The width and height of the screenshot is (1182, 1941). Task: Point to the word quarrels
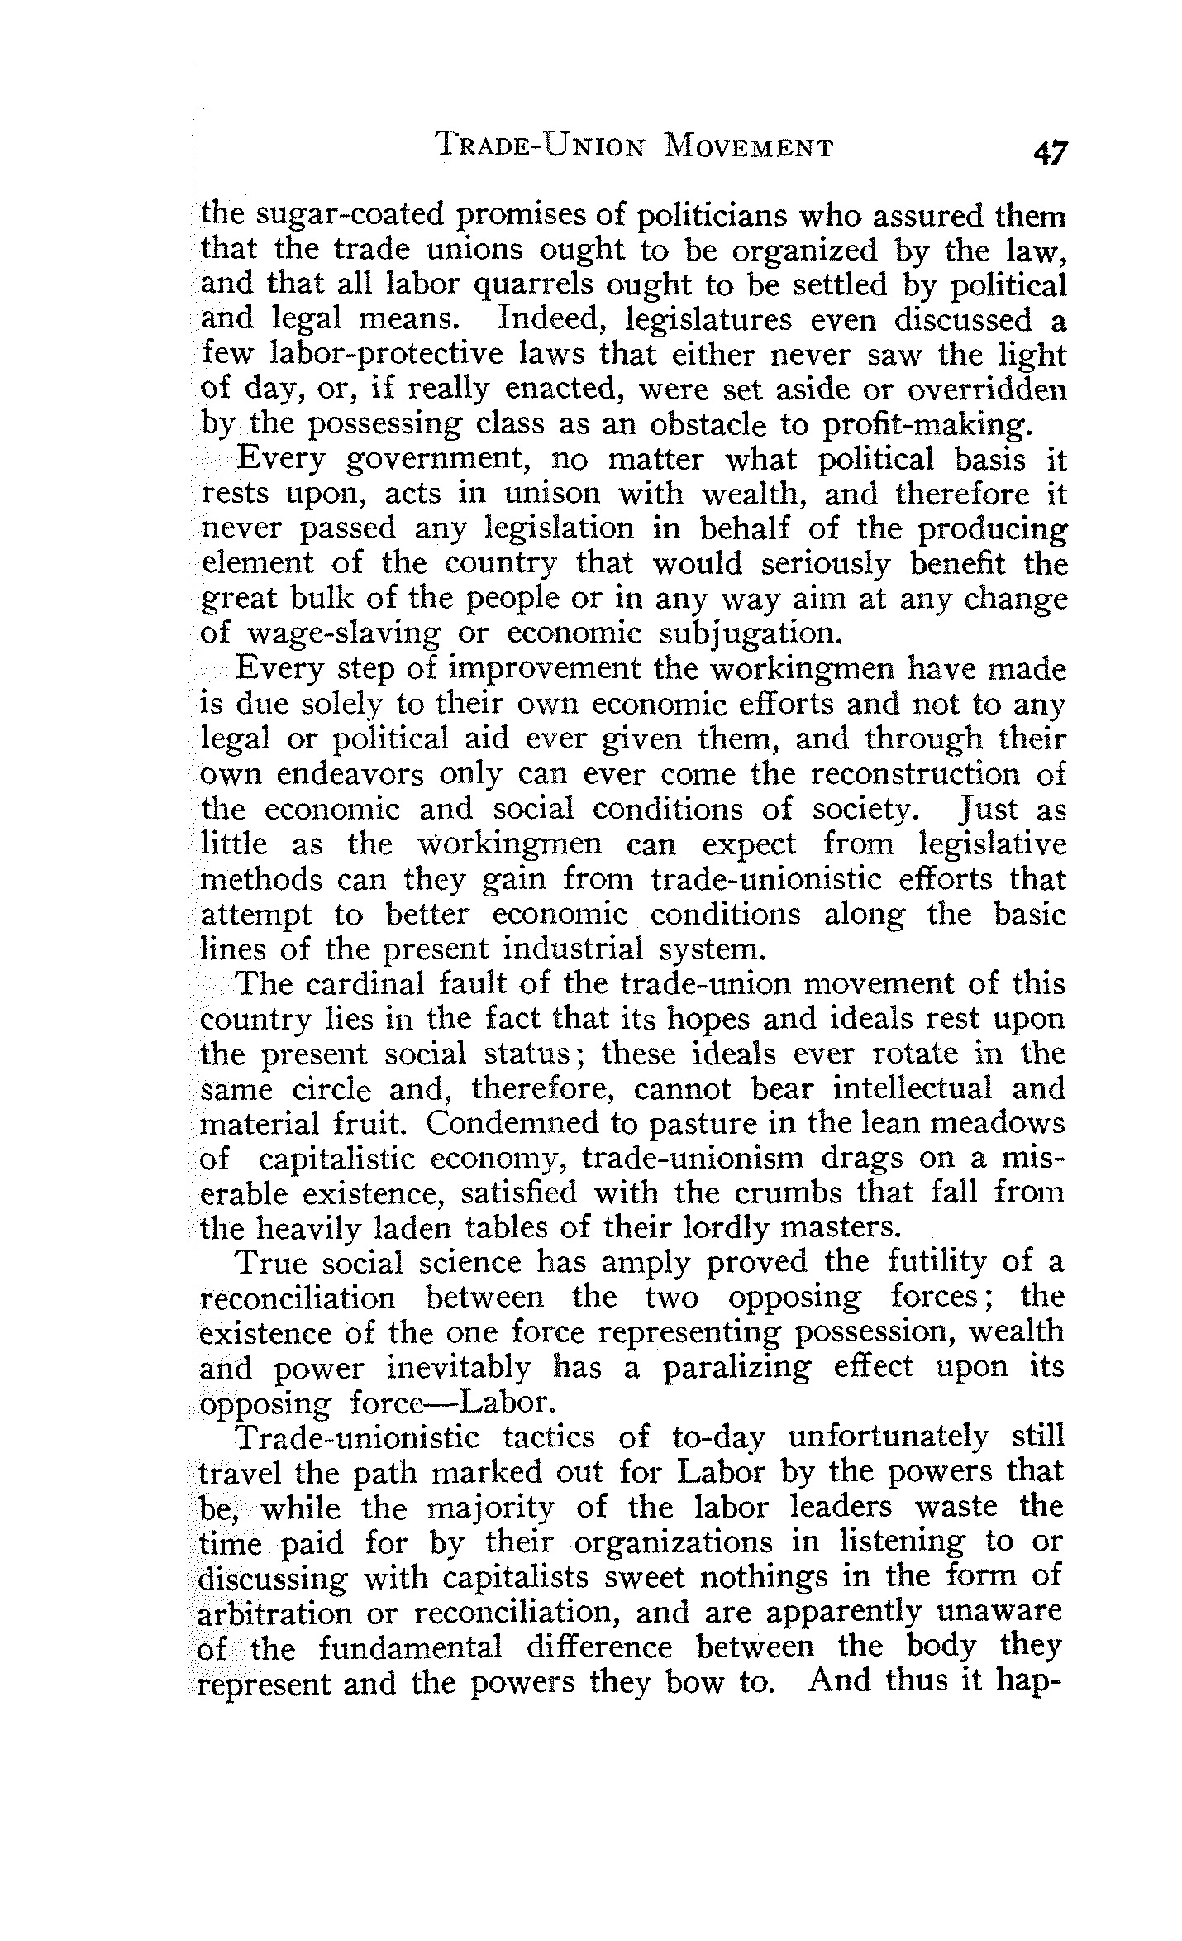(x=531, y=285)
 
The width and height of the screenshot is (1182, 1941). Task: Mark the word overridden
(x=986, y=389)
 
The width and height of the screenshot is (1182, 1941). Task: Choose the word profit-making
(x=928, y=425)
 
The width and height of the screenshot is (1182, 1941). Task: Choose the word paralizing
(x=738, y=1368)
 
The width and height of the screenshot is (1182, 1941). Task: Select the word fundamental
(x=411, y=1648)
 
